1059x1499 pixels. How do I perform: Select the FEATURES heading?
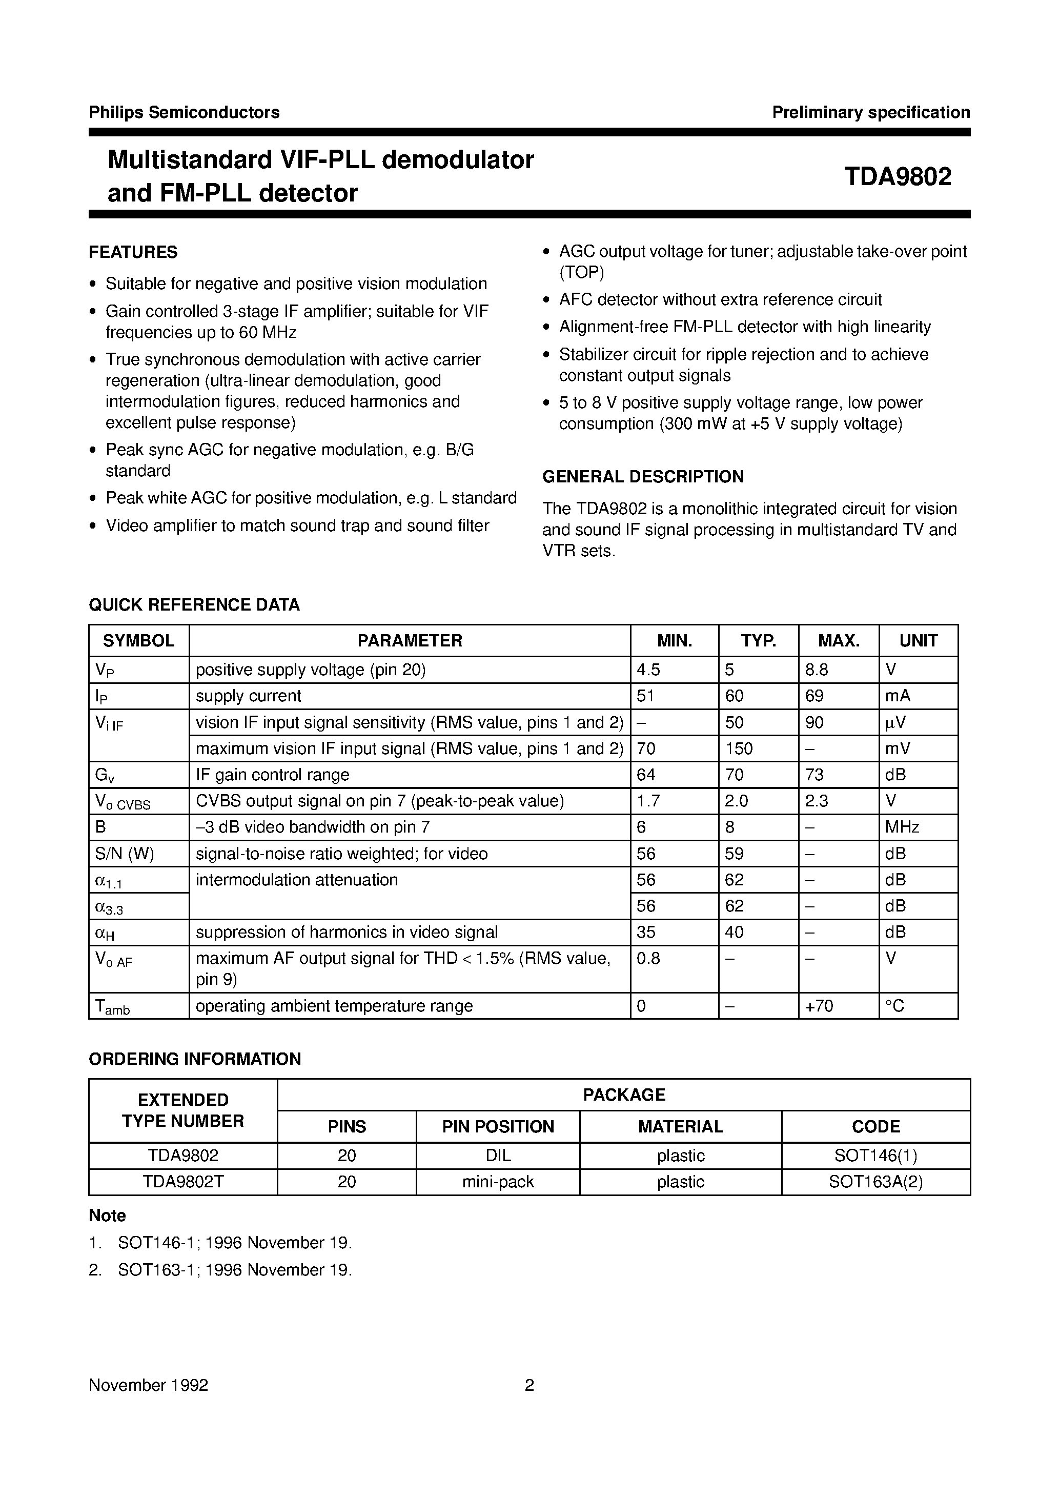coord(133,252)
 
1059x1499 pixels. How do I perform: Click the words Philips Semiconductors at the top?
coord(184,112)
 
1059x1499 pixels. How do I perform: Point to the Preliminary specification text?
coord(870,112)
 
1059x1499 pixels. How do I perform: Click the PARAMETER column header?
coord(410,640)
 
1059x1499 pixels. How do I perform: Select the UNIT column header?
coord(918,640)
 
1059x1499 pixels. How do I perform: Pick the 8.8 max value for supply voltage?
coord(817,670)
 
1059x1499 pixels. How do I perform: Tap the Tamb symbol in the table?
coord(112,1007)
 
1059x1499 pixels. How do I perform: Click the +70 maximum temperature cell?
coord(820,1006)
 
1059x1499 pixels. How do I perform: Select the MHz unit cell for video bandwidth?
coord(902,827)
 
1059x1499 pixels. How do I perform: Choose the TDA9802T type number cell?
coord(183,1182)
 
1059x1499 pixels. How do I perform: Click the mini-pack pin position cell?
coord(498,1182)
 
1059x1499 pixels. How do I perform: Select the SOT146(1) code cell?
coord(875,1156)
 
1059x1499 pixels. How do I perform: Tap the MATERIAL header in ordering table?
coord(680,1126)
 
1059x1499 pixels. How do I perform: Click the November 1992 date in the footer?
coord(148,1385)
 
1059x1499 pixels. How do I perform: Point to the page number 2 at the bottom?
coord(529,1385)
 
